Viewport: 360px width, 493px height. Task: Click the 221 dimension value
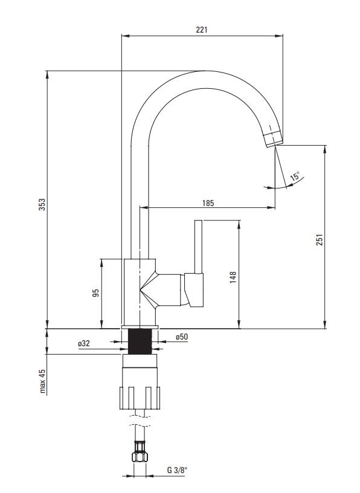pos(202,30)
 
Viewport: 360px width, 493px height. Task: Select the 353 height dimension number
pos(42,204)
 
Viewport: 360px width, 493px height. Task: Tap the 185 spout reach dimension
pos(208,203)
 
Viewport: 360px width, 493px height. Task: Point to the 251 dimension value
pos(320,240)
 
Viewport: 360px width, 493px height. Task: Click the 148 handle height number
pos(233,277)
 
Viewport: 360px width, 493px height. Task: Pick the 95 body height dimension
pos(96,292)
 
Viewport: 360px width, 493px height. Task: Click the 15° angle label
pos(295,176)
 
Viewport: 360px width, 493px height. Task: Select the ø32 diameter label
pos(84,343)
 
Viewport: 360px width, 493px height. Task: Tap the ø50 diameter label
pos(182,337)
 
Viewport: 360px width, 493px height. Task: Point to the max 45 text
pos(42,381)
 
